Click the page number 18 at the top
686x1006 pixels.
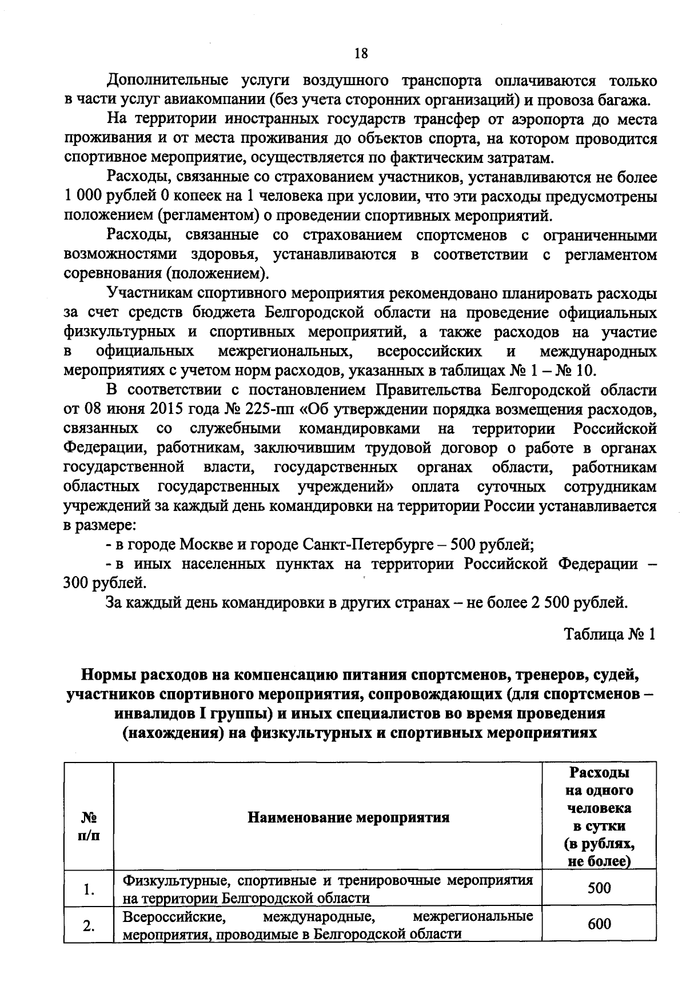point(361,54)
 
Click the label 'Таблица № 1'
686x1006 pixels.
point(609,634)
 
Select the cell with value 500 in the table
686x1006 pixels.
point(599,888)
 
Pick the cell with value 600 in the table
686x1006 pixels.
point(599,924)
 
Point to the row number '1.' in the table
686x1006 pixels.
point(88,889)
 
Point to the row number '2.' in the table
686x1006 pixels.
point(88,926)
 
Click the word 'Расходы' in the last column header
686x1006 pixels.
point(599,773)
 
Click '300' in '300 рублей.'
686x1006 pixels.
point(77,583)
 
